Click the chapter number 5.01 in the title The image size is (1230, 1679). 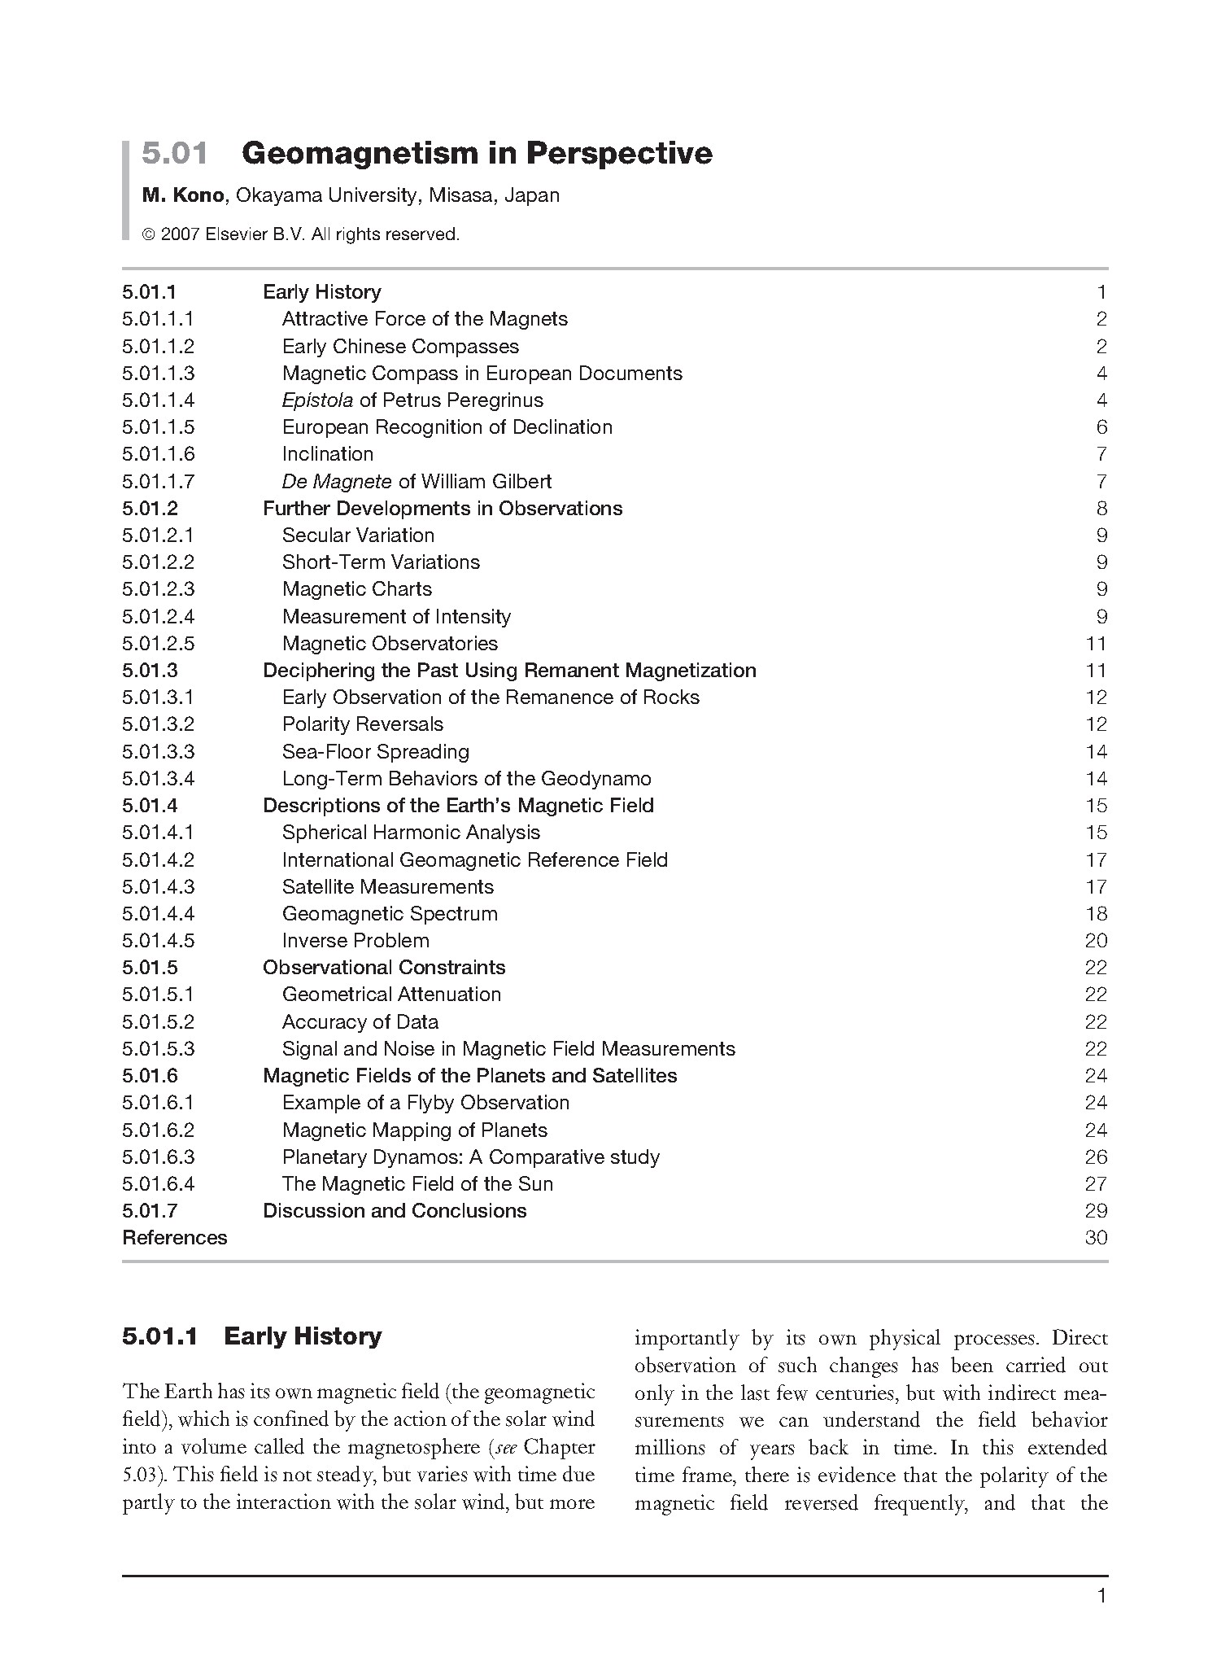point(175,154)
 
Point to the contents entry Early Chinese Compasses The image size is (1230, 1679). point(400,347)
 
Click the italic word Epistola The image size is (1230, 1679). point(317,400)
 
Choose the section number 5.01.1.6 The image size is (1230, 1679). point(159,454)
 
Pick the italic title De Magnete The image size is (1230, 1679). point(337,482)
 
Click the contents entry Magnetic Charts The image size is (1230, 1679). point(357,589)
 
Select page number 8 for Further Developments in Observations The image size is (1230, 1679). point(1101,509)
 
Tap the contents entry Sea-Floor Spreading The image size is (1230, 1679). point(376,752)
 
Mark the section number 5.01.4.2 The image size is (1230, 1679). point(159,860)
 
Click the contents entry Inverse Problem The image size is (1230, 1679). point(355,941)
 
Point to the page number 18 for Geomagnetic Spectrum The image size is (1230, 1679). point(1096,914)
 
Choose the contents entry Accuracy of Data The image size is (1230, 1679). point(360,1022)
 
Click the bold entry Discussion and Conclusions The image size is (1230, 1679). point(395,1211)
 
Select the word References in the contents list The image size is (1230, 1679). point(175,1238)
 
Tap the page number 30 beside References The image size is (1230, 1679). point(1096,1238)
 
